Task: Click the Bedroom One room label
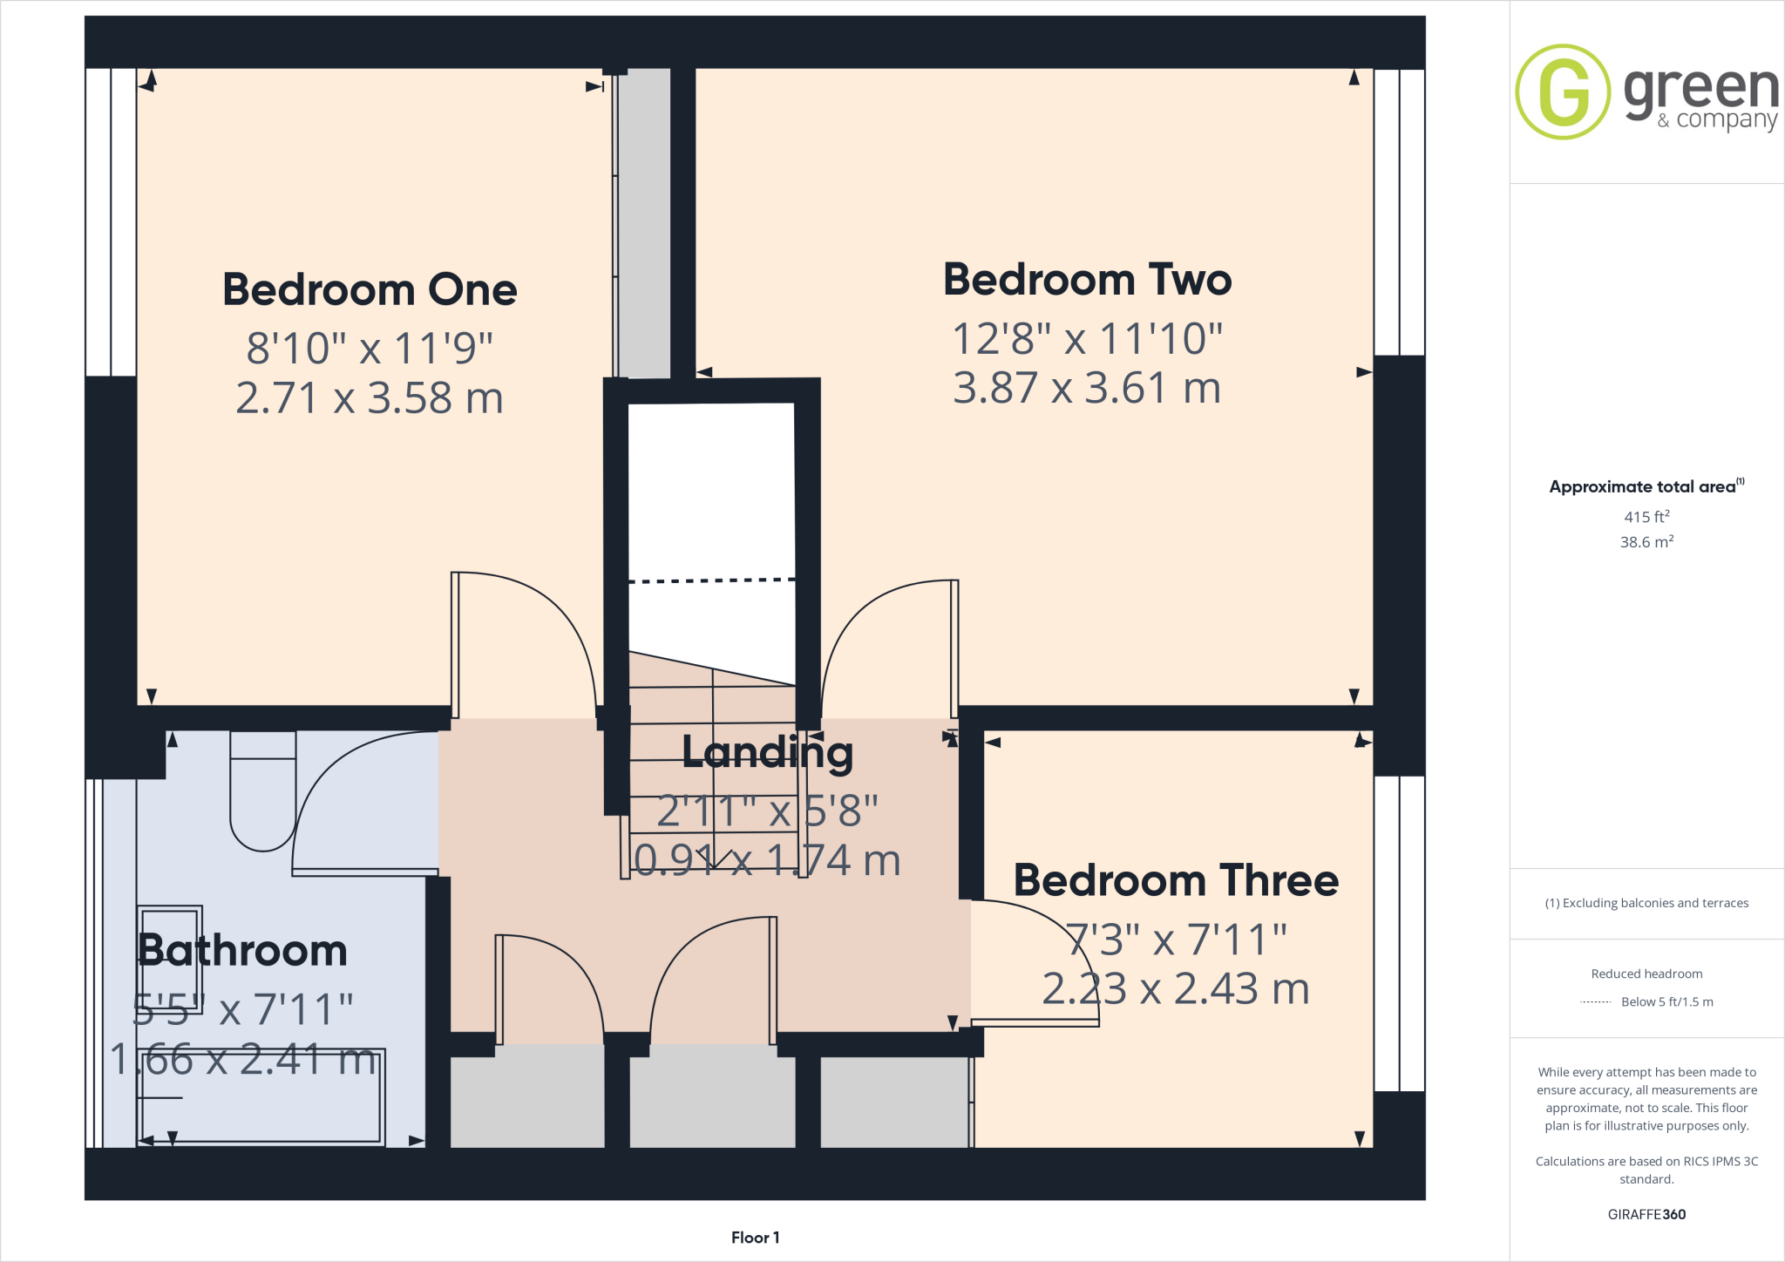pyautogui.click(x=370, y=289)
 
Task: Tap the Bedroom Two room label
pyautogui.click(x=1087, y=280)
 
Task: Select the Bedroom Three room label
pyautogui.click(x=1175, y=880)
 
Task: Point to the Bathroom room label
pyautogui.click(x=243, y=950)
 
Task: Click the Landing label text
pyautogui.click(x=767, y=752)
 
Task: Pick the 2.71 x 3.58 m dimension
pyautogui.click(x=370, y=398)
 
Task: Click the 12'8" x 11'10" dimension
pyautogui.click(x=1087, y=339)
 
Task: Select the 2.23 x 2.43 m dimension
pyautogui.click(x=1175, y=989)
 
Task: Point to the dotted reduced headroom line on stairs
pyautogui.click(x=711, y=580)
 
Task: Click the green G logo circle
pyautogui.click(x=1563, y=92)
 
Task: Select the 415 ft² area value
pyautogui.click(x=1646, y=517)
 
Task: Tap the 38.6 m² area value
pyautogui.click(x=1646, y=542)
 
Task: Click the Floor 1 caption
pyautogui.click(x=755, y=1238)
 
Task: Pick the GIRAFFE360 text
pyautogui.click(x=1646, y=1214)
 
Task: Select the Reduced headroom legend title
pyautogui.click(x=1646, y=974)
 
